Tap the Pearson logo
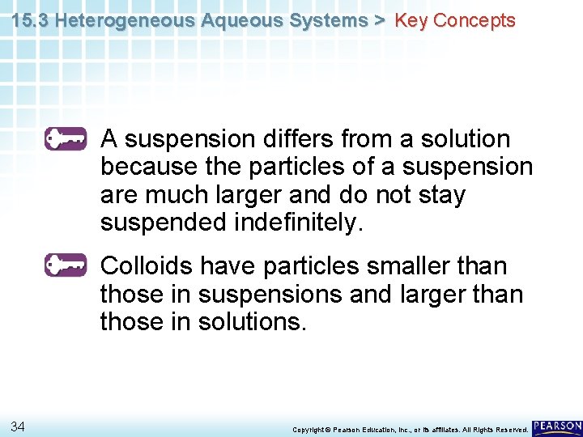(x=557, y=426)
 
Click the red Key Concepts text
(x=454, y=21)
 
